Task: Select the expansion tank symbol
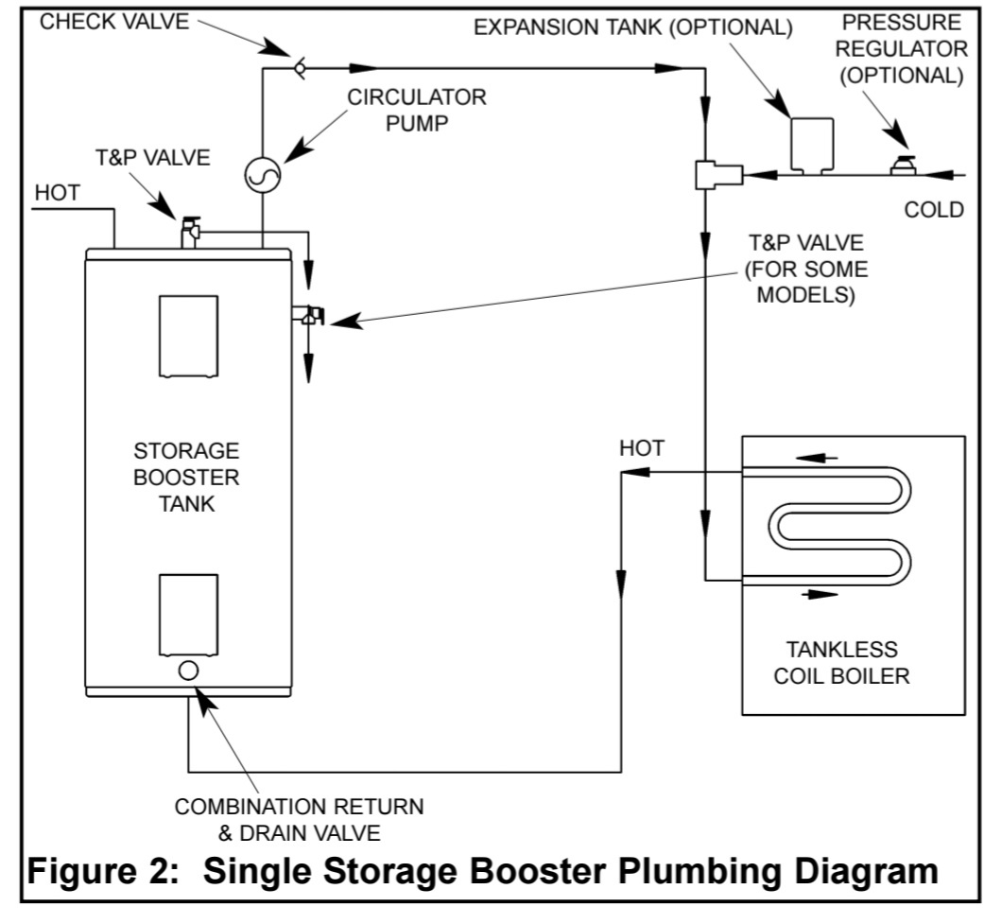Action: click(811, 145)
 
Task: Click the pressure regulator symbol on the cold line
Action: click(905, 166)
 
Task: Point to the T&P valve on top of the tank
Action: click(191, 229)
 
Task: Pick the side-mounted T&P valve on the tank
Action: click(310, 316)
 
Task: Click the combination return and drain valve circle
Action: click(188, 670)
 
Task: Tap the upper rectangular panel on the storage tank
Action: click(187, 336)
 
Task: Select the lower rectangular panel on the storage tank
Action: click(187, 614)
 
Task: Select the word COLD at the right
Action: click(934, 209)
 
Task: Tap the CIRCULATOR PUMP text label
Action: click(417, 111)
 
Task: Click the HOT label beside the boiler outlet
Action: click(642, 447)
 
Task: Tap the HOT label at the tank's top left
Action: click(58, 192)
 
